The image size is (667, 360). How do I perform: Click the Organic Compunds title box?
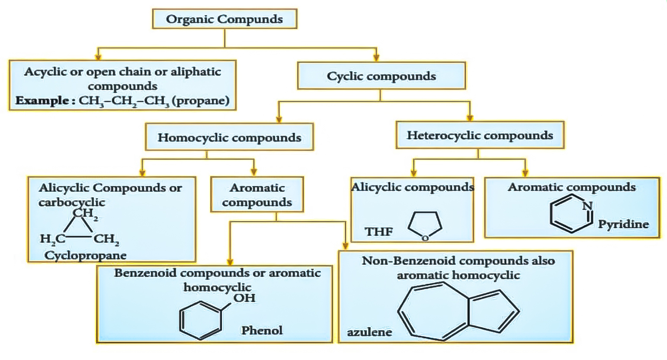click(224, 19)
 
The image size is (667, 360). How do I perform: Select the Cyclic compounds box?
click(381, 76)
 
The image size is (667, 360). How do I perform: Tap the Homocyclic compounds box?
click(229, 138)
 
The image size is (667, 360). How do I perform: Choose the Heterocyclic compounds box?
click(480, 135)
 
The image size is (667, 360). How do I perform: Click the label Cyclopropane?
click(85, 255)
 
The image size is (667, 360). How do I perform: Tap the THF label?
click(378, 231)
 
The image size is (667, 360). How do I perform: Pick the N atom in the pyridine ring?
click(587, 206)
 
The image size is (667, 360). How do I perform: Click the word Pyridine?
click(623, 224)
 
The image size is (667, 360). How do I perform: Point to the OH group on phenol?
click(244, 298)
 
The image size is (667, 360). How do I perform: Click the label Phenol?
click(262, 331)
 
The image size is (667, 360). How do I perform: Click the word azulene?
click(369, 332)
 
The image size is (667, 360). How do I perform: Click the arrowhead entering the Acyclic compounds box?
click(98, 57)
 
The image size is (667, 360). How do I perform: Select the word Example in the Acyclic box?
click(42, 101)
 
